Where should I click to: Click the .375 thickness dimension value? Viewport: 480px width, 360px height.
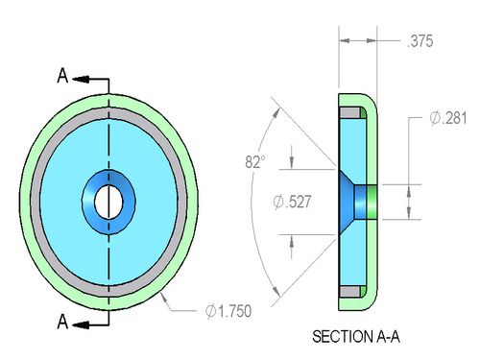420,41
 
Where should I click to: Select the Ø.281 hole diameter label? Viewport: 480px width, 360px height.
448,118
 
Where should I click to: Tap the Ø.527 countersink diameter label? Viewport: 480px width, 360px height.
292,202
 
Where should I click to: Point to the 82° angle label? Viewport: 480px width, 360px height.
255,161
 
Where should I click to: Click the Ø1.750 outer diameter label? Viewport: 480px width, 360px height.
228,311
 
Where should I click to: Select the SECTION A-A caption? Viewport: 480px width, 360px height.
356,337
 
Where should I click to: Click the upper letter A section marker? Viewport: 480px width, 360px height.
62,76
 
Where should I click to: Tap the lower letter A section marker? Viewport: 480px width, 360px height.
62,322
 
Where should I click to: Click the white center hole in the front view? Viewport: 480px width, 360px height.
108,202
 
